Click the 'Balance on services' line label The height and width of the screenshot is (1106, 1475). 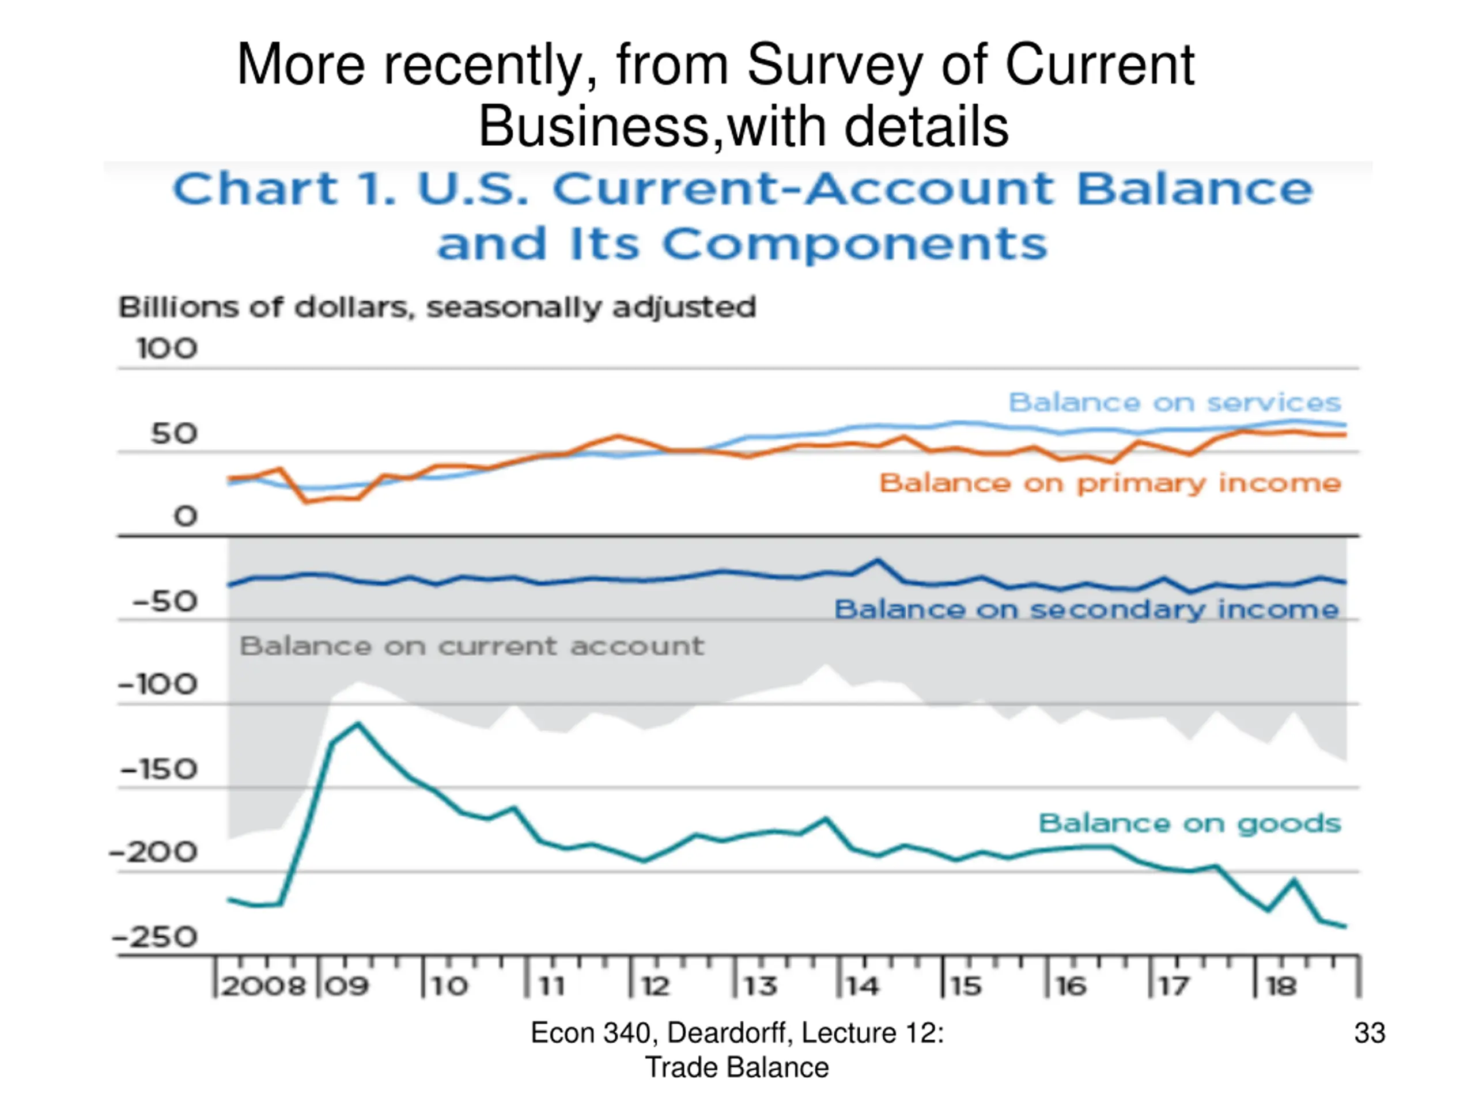(1174, 403)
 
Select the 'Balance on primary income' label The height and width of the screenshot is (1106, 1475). (1110, 483)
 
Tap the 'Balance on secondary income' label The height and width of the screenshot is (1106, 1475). (1086, 609)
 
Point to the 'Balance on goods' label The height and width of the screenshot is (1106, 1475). (1190, 823)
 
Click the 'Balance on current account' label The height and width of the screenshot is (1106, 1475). (471, 646)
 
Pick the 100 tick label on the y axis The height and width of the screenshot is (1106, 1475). (167, 349)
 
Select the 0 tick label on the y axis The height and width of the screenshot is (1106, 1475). (186, 516)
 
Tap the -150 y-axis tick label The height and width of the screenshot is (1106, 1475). (158, 770)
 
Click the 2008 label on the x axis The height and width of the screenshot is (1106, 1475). (263, 986)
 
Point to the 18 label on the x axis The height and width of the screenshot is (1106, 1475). (1281, 986)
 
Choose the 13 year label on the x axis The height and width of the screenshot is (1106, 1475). (760, 986)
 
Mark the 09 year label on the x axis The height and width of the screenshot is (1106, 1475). (347, 986)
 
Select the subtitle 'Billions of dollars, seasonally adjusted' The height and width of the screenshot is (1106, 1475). (437, 308)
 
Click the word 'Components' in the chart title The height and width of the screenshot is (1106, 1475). (854, 244)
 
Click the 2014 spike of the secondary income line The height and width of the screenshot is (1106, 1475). (878, 560)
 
